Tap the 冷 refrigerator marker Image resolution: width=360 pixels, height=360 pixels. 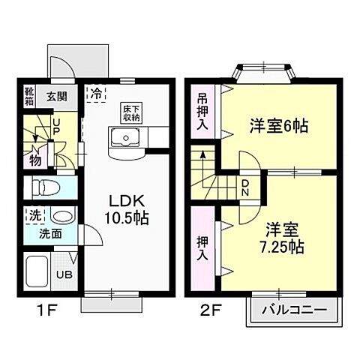97,94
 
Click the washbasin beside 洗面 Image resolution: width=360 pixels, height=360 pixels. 64,217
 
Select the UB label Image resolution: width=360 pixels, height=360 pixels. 66,274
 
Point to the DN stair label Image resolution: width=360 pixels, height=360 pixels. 245,185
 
